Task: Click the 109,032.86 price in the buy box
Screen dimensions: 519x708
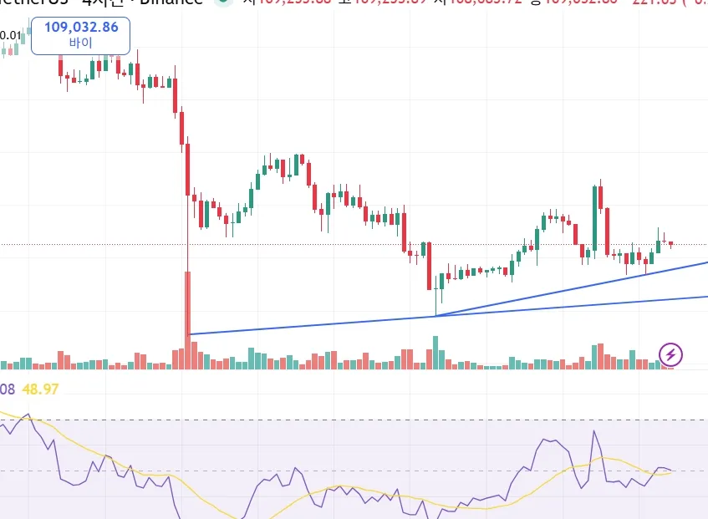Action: [81, 28]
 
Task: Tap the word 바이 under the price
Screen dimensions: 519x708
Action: [81, 42]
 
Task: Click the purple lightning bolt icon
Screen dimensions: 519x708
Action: [671, 354]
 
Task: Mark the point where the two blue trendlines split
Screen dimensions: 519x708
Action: [436, 316]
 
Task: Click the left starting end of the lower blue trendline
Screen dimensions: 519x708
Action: [190, 334]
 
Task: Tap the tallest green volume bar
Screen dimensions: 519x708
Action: [435, 352]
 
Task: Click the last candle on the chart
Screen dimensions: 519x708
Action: [670, 244]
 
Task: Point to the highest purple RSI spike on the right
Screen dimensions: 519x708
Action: [594, 432]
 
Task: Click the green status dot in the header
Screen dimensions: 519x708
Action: [223, 3]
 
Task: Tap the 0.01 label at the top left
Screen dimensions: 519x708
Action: [11, 35]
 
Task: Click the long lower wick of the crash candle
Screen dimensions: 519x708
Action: [188, 251]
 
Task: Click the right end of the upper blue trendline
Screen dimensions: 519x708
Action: [706, 262]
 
